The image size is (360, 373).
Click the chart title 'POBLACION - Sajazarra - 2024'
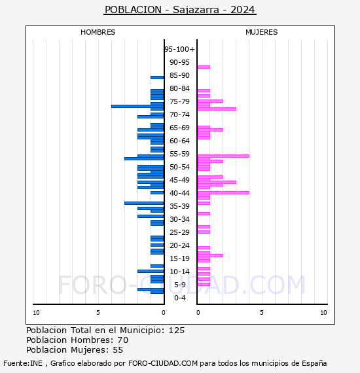[180, 10]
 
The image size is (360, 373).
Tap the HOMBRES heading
[98, 32]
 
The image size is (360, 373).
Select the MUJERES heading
[262, 32]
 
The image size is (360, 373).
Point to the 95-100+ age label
[179, 49]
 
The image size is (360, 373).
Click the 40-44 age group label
[179, 193]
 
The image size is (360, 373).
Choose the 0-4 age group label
[179, 298]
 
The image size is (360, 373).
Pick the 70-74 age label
[179, 115]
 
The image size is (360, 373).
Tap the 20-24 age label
[179, 245]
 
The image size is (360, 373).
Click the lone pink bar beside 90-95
[204, 67]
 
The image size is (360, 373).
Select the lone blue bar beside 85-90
[157, 78]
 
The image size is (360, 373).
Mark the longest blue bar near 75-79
[137, 106]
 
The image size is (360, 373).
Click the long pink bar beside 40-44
[223, 192]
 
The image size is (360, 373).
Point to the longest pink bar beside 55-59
[223, 156]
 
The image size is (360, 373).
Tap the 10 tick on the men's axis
[36, 313]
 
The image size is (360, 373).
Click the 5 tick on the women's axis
[262, 313]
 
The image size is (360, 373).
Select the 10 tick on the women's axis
[323, 313]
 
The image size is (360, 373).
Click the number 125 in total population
[177, 330]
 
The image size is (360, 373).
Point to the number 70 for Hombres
[123, 340]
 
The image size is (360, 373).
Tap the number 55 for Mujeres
[118, 350]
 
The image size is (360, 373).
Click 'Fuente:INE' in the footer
[23, 363]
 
